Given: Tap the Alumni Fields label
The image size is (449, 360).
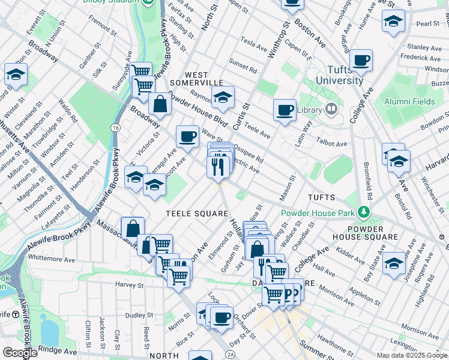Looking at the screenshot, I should [410, 101].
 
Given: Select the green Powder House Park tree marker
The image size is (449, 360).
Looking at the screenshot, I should [363, 212].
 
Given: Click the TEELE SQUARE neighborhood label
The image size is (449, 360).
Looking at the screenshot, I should [196, 214].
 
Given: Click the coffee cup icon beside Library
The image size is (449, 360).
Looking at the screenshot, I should [285, 110].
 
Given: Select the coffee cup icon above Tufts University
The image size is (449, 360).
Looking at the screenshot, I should [361, 60].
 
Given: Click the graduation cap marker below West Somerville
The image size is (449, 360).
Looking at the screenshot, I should [223, 98].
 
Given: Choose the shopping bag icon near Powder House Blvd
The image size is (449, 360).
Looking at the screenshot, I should [161, 104].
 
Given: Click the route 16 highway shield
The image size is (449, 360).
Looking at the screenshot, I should [115, 128].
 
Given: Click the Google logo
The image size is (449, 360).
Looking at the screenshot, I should [20, 353].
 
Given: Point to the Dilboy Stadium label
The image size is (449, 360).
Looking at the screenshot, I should [125, 2].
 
